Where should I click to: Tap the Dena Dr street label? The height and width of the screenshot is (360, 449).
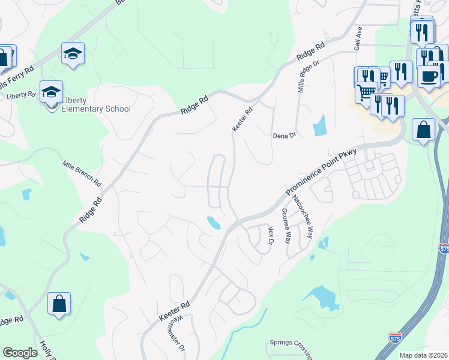pyautogui.click(x=285, y=136)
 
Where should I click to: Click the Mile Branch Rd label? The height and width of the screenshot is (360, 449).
pyautogui.click(x=82, y=173)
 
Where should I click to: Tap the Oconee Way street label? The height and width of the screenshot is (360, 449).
pyautogui.click(x=286, y=226)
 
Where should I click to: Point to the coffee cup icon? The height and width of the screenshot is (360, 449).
pyautogui.click(x=429, y=76)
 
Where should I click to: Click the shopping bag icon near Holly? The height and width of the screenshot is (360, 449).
pyautogui.click(x=59, y=304)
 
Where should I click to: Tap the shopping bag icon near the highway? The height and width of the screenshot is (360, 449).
pyautogui.click(x=424, y=130)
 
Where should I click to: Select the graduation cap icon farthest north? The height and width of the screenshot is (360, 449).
pyautogui.click(x=73, y=53)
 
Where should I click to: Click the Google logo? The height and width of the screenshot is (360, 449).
pyautogui.click(x=20, y=353)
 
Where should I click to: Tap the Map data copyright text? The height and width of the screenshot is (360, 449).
pyautogui.click(x=424, y=355)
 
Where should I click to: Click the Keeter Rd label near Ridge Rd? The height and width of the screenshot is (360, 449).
pyautogui.click(x=243, y=118)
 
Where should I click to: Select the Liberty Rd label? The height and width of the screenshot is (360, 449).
pyautogui.click(x=21, y=95)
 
